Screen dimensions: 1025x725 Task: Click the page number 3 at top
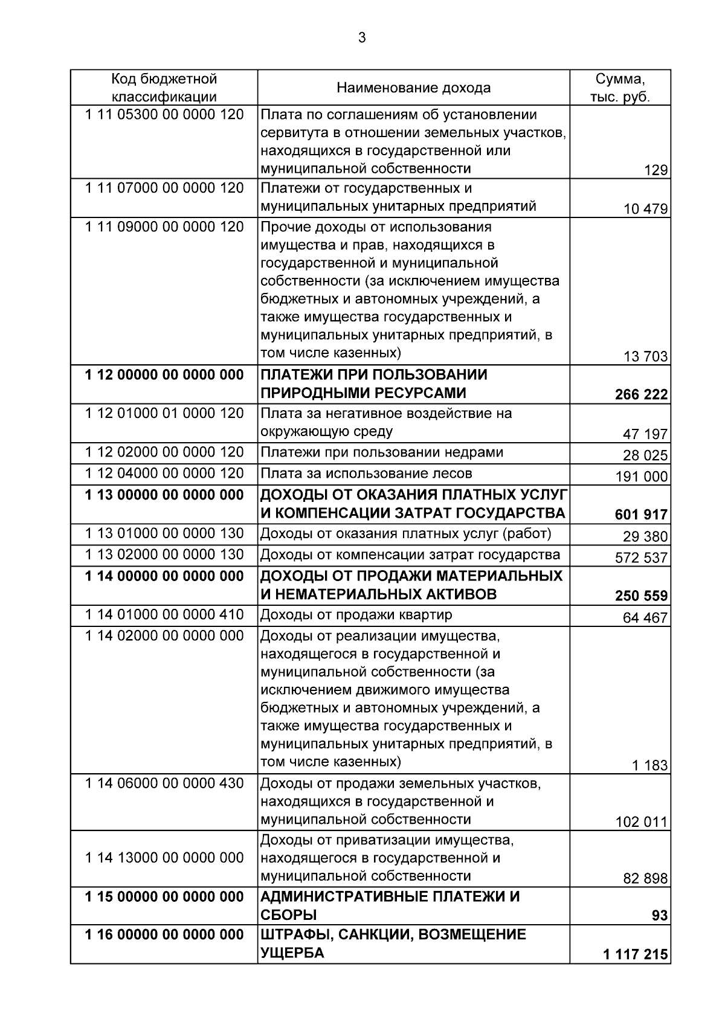[x=362, y=38]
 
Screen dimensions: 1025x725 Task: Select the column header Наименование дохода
[x=413, y=88]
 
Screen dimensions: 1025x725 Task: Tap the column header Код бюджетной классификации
[x=164, y=88]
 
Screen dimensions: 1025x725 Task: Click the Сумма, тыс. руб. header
[x=620, y=88]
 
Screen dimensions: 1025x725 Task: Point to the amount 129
[x=656, y=170]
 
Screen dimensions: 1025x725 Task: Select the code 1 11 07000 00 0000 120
[x=164, y=188]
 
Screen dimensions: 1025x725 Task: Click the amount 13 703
[x=645, y=356]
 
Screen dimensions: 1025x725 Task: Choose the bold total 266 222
[x=641, y=395]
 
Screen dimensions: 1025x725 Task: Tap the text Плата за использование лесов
[x=366, y=474]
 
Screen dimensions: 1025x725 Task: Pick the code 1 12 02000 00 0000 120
[x=164, y=452]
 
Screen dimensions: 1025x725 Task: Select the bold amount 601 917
[x=641, y=515]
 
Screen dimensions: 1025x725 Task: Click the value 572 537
[x=641, y=557]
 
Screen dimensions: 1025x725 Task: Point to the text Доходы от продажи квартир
[x=356, y=615]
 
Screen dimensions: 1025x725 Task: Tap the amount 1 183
[x=649, y=766]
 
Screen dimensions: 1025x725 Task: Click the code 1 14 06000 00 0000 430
[x=164, y=783]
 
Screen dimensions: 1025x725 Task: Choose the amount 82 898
[x=645, y=879]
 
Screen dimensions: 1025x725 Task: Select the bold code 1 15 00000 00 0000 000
[x=164, y=897]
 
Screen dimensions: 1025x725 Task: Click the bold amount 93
[x=660, y=916]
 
